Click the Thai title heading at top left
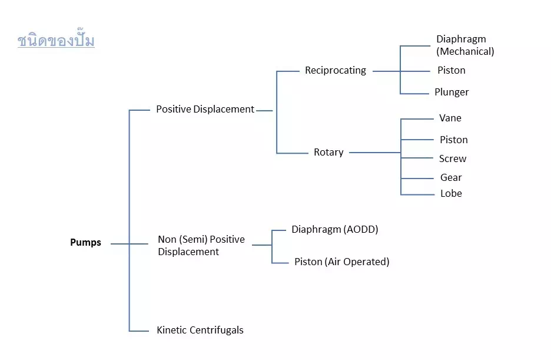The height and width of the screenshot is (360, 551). (56, 41)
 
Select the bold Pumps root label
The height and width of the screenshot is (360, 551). (85, 243)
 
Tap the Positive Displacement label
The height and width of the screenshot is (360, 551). (205, 109)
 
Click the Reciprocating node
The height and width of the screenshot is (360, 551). (335, 71)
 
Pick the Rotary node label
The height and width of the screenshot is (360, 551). (328, 152)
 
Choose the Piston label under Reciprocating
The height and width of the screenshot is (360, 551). (452, 71)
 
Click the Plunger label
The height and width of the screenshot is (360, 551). (452, 93)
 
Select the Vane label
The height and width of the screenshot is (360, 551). (450, 118)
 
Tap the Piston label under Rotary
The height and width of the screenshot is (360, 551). (454, 140)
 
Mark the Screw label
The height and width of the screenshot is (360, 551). (453, 159)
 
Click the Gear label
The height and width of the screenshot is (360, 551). (451, 178)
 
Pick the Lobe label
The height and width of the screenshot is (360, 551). (451, 194)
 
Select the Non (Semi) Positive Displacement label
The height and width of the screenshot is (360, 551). (201, 246)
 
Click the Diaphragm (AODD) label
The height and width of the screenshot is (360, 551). (335, 230)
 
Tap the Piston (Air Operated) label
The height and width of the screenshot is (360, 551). (341, 262)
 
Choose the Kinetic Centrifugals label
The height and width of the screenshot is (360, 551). (200, 331)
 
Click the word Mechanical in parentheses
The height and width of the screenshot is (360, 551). (465, 52)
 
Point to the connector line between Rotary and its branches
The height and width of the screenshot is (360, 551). (374, 153)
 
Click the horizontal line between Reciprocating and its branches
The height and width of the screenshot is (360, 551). (386, 71)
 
